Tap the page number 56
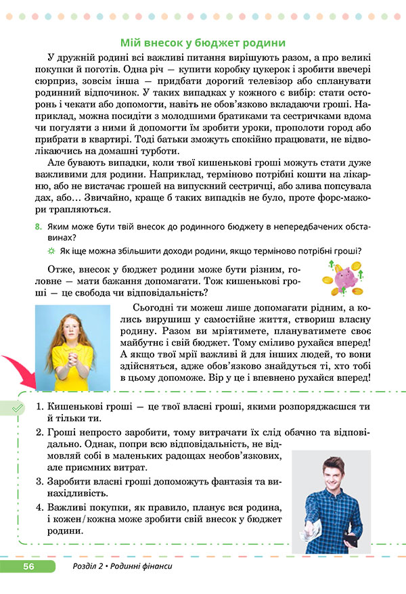pyautogui.click(x=28, y=566)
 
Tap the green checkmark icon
pyautogui.click(x=18, y=407)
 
